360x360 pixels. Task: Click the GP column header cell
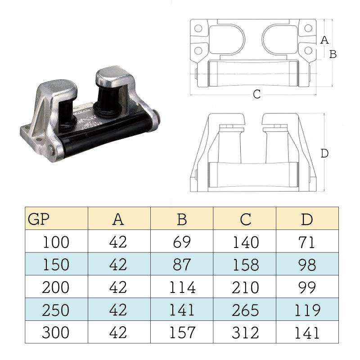57,218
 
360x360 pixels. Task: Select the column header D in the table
307,220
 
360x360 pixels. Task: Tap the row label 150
56,265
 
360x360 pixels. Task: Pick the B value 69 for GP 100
182,242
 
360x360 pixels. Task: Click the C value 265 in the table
245,310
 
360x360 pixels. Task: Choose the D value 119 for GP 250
307,310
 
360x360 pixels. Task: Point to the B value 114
182,287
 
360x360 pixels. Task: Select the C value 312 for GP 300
245,333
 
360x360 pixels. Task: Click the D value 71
307,242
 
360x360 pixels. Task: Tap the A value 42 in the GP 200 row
118,287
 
